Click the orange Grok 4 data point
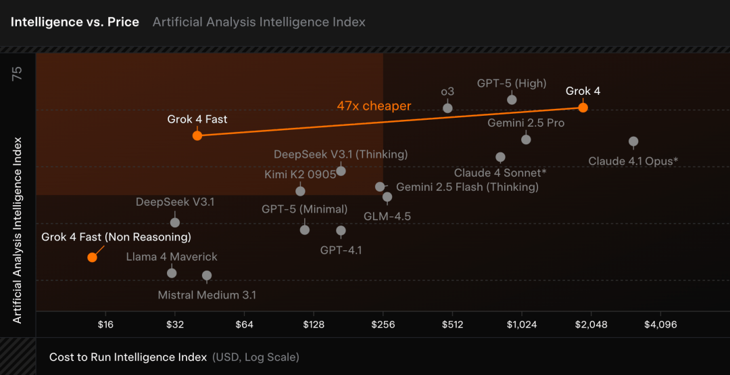tap(583, 108)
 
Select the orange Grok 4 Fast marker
tap(197, 135)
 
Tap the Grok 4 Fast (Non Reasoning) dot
tap(92, 257)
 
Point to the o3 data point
tap(447, 108)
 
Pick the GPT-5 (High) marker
tap(512, 100)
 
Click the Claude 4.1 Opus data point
tap(633, 141)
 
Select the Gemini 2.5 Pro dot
tap(526, 139)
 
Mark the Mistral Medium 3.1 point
tap(207, 275)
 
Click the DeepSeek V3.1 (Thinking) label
tap(341, 154)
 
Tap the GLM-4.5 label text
tap(387, 217)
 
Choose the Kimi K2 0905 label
tap(300, 174)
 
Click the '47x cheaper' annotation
tap(374, 106)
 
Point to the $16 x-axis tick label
tap(105, 324)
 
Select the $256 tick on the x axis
tap(383, 324)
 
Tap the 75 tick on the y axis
tap(18, 74)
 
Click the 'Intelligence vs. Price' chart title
tap(75, 22)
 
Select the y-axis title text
tap(18, 230)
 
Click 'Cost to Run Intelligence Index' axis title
tap(128, 357)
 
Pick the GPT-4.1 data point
tap(341, 231)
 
